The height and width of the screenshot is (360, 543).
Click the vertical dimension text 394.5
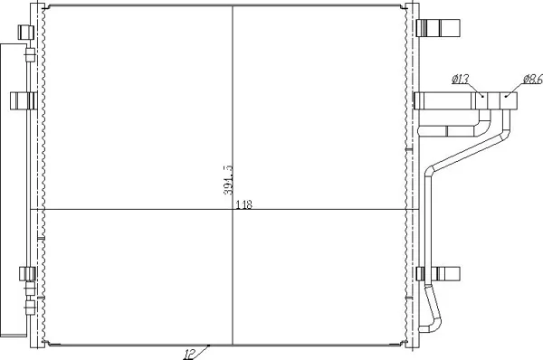229,180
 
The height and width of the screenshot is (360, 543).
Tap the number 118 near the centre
244,205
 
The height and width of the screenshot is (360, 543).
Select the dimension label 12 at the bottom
189,354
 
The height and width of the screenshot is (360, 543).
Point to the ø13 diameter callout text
461,79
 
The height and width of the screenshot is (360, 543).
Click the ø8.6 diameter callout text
533,80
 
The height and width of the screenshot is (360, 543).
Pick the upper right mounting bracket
438,28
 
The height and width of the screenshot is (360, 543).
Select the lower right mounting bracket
438,274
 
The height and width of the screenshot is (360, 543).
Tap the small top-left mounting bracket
25,33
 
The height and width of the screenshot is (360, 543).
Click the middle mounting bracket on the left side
23,100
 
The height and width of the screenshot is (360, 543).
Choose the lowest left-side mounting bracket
27,274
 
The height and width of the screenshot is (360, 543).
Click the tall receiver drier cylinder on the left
14,190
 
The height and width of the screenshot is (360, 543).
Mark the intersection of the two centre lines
233,209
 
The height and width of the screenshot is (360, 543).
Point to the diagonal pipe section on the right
468,152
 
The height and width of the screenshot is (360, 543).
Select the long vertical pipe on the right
429,229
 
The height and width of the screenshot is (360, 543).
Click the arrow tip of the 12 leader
209,346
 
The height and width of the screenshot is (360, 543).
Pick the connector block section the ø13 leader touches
481,100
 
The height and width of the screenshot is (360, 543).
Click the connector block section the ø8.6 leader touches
509,100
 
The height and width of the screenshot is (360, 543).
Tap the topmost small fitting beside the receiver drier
30,54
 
